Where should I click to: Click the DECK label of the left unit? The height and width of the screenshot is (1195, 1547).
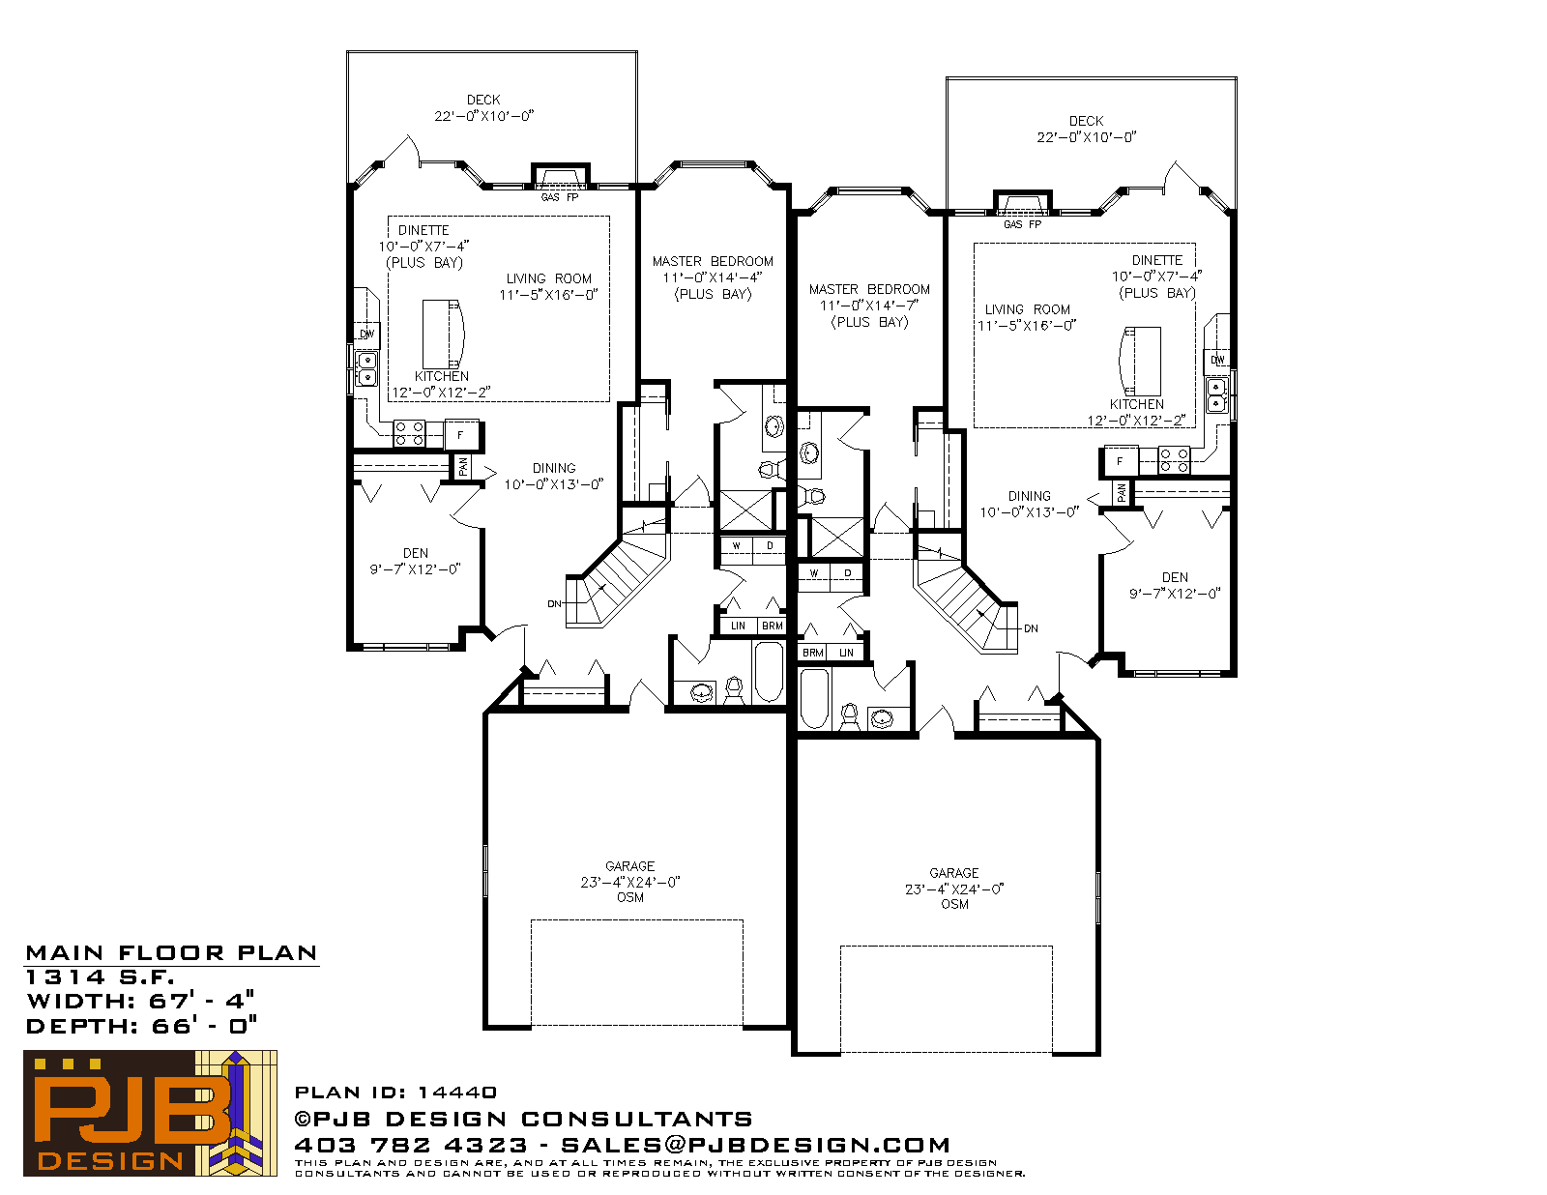483,100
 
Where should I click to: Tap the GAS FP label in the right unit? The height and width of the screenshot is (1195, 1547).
1022,224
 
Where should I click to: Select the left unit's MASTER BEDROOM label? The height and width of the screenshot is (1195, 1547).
713,261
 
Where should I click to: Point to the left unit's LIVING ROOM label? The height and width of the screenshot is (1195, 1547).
549,278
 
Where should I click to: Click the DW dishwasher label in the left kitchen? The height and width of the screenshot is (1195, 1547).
366,334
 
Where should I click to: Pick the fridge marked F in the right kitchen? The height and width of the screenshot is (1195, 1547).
1120,461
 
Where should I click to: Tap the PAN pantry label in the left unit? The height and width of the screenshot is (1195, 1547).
463,467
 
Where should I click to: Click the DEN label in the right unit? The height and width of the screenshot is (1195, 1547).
1175,577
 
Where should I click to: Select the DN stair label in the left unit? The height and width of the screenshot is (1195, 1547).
554,604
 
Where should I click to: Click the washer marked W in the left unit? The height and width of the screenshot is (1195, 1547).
736,546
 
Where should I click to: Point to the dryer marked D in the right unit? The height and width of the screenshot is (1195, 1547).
848,573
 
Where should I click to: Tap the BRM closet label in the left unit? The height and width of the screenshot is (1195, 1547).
773,626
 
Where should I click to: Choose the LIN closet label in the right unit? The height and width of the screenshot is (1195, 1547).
846,653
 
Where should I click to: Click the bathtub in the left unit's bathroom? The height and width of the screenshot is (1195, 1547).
769,672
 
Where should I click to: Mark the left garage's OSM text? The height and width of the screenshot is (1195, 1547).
630,897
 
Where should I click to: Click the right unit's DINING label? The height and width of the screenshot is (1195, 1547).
1030,496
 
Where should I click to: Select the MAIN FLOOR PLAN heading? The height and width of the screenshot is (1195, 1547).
171,952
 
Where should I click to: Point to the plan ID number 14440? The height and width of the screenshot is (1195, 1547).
457,1092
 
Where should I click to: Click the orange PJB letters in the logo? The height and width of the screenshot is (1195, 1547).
131,1113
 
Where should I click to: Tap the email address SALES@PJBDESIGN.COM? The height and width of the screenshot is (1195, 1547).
755,1145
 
